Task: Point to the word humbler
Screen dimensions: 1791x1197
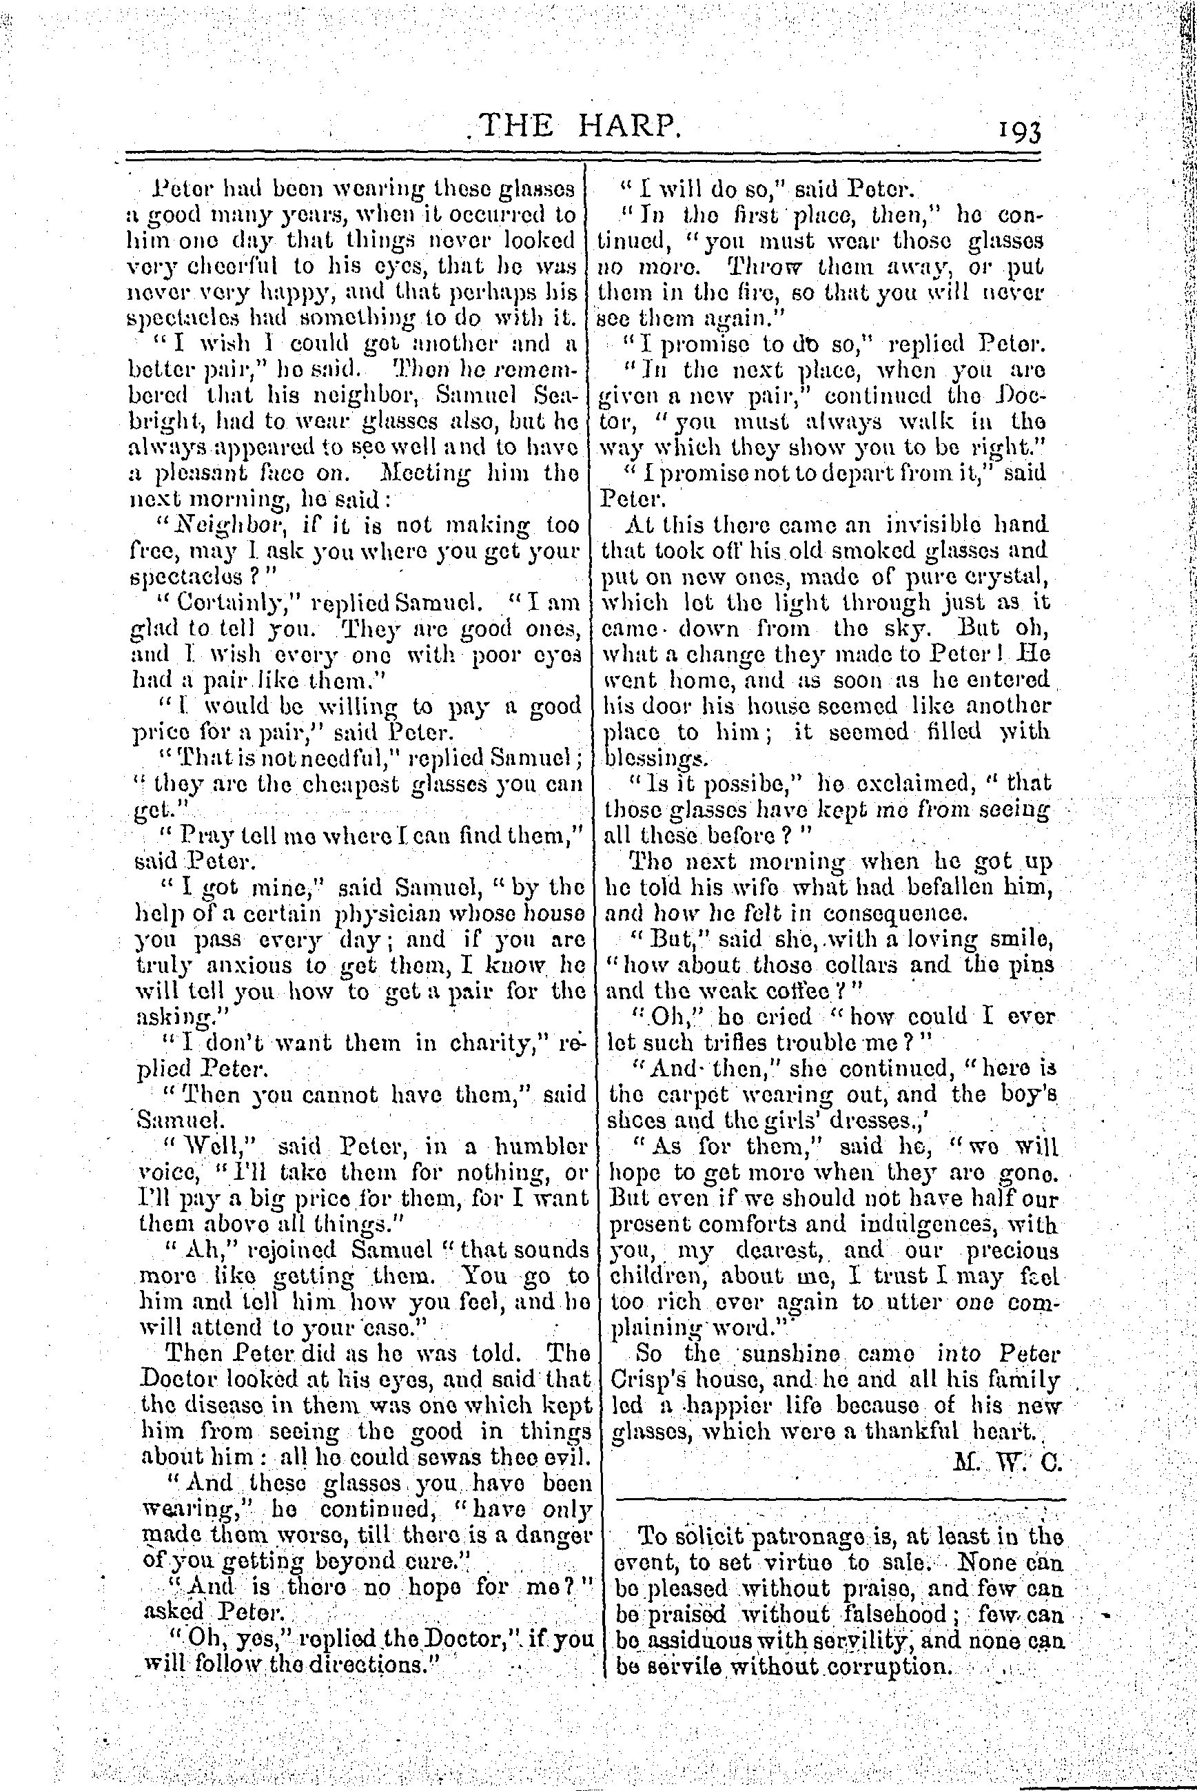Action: point(538,1146)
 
